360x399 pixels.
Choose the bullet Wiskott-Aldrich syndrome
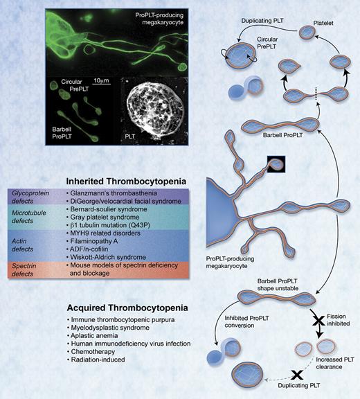(x=129, y=256)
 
